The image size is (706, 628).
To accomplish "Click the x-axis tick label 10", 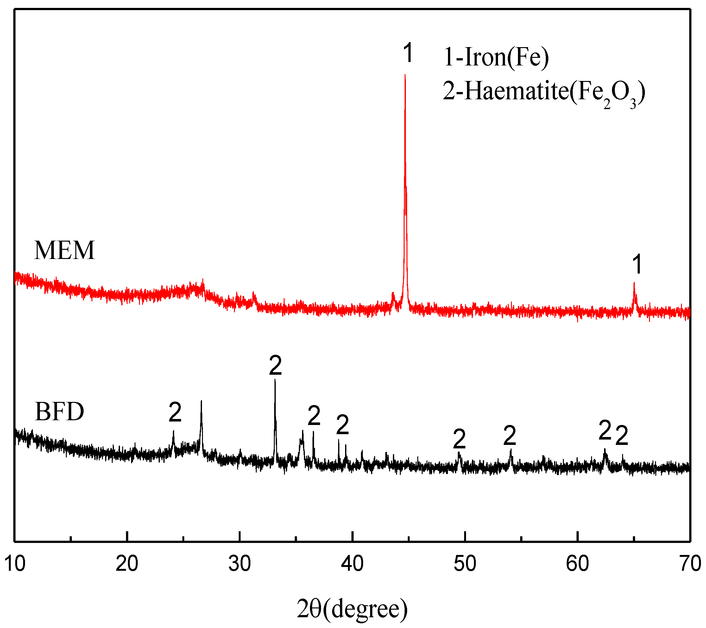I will coord(15,564).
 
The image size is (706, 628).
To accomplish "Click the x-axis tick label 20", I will coord(127,564).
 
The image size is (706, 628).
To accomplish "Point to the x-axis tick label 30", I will coord(240,564).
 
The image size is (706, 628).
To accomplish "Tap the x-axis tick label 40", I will coord(352,564).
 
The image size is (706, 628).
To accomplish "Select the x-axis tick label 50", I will coord(465,564).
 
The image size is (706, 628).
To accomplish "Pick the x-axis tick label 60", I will coord(577,564).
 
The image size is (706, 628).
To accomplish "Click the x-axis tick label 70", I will coord(690,564).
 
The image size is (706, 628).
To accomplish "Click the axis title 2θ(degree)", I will coord(352,609).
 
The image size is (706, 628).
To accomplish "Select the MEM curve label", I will coord(65,250).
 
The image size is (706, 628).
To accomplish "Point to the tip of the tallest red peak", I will coord(405,75).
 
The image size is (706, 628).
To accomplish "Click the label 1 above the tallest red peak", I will coord(408,53).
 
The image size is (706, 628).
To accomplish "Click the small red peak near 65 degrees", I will coord(634,284).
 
